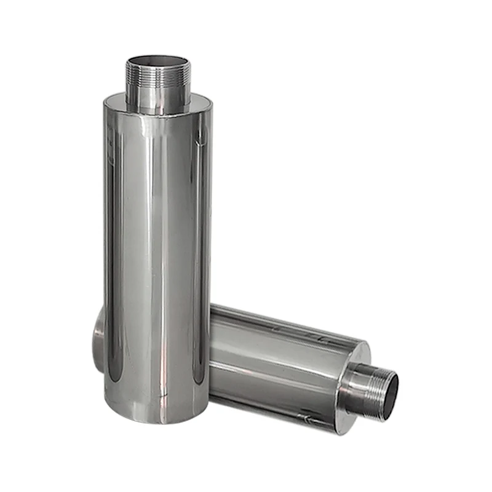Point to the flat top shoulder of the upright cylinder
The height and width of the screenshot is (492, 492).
coord(197,103)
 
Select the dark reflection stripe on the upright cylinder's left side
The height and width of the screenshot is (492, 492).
coord(113,258)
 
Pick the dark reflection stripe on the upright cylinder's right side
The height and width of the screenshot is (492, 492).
coord(198,258)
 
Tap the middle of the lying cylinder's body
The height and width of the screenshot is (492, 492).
coord(277,363)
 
